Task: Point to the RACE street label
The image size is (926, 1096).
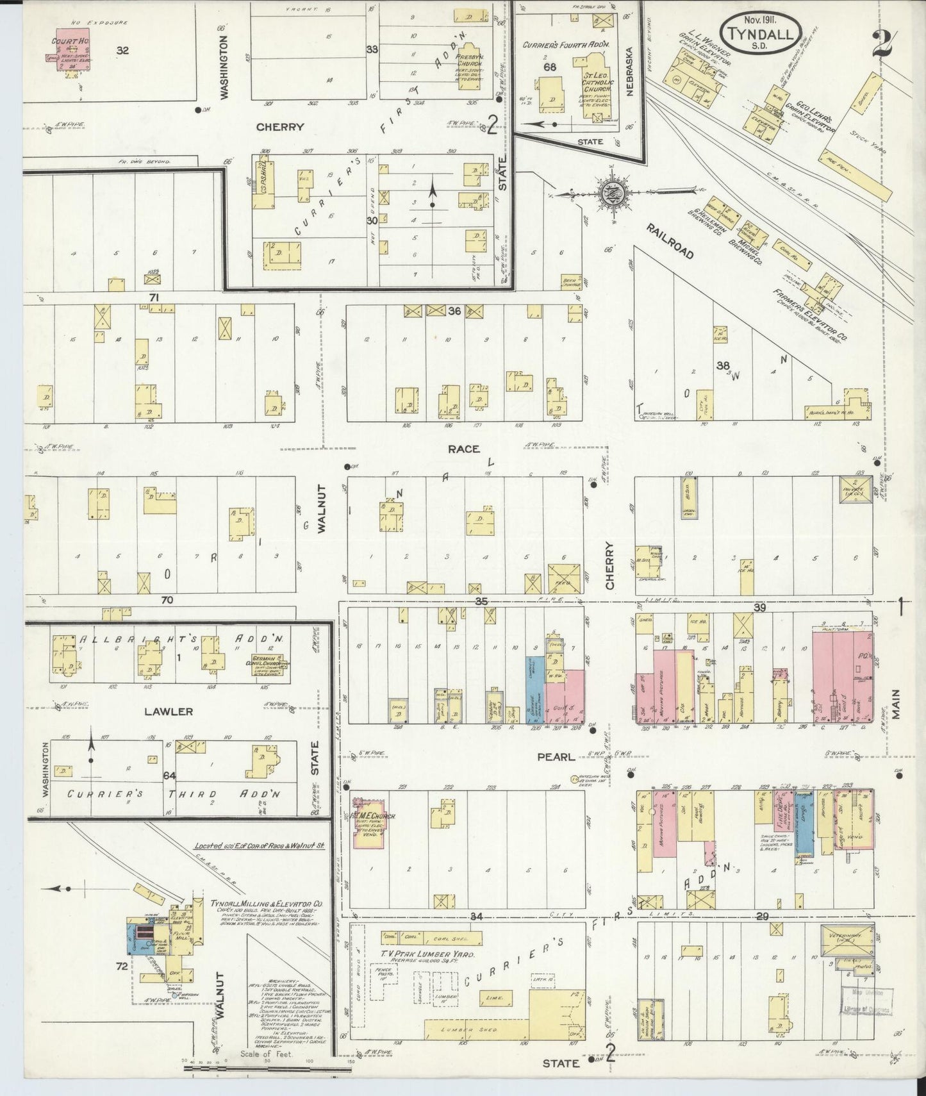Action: (463, 449)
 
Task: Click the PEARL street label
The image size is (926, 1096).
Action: (556, 757)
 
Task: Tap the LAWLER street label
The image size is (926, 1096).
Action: (169, 711)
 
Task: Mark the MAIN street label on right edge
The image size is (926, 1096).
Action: (895, 704)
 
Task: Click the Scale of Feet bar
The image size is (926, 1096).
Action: (269, 1068)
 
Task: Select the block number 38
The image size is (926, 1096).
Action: (723, 366)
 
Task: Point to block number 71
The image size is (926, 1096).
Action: (153, 297)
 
